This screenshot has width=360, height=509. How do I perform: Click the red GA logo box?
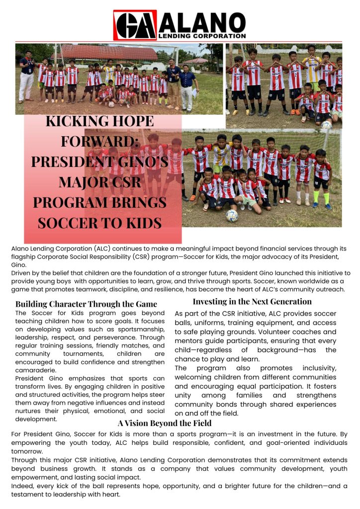click(x=135, y=25)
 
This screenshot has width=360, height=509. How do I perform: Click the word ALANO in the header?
click(x=202, y=22)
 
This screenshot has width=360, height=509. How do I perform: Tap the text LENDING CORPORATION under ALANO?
click(x=201, y=36)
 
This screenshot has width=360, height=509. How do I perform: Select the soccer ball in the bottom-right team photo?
click(x=232, y=215)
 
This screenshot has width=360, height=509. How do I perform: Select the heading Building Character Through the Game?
click(x=86, y=304)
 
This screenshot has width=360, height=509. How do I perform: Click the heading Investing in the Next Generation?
click(x=252, y=301)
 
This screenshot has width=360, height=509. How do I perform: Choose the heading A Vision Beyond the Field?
click(x=165, y=423)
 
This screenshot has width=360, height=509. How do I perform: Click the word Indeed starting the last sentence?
click(x=23, y=485)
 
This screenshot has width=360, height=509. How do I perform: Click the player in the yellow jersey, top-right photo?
click(x=311, y=70)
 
